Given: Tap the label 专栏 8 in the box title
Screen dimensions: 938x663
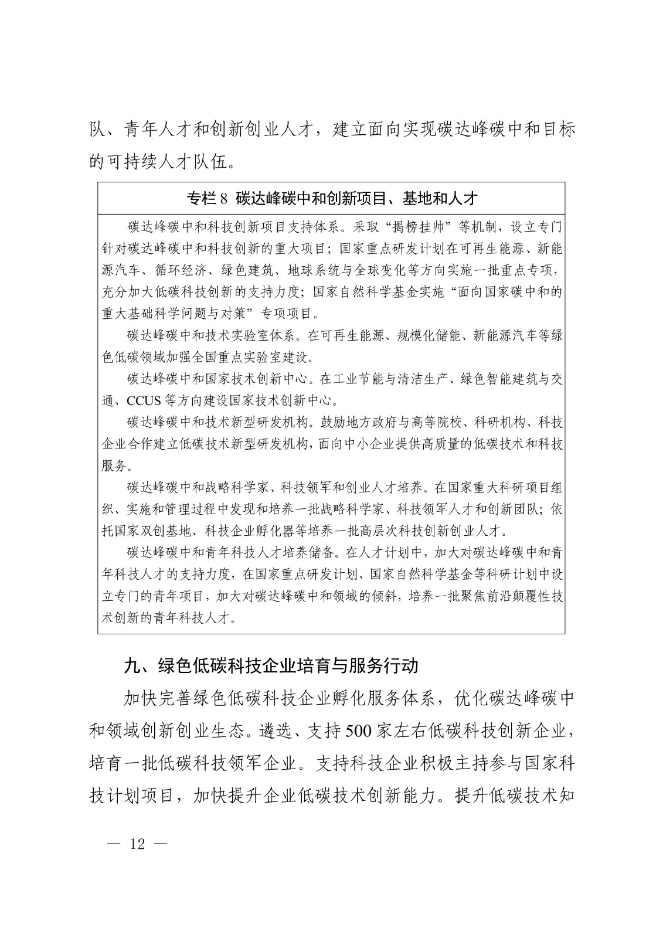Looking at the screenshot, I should pos(206,199).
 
